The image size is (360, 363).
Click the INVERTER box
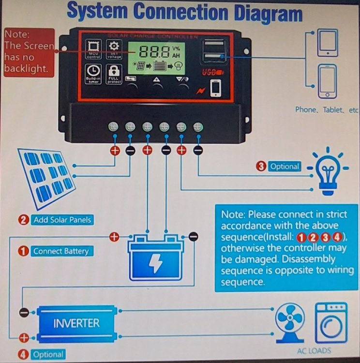pos(76,323)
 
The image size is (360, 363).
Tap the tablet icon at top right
pos(328,43)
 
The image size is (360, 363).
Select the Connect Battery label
pos(60,251)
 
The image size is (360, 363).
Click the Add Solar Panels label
pos(62,220)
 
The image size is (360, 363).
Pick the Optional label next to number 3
pos(285,166)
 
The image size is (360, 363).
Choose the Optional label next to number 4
pos(48,354)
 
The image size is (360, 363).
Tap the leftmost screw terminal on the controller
pos(114,127)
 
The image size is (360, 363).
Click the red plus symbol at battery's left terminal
pos(114,237)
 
